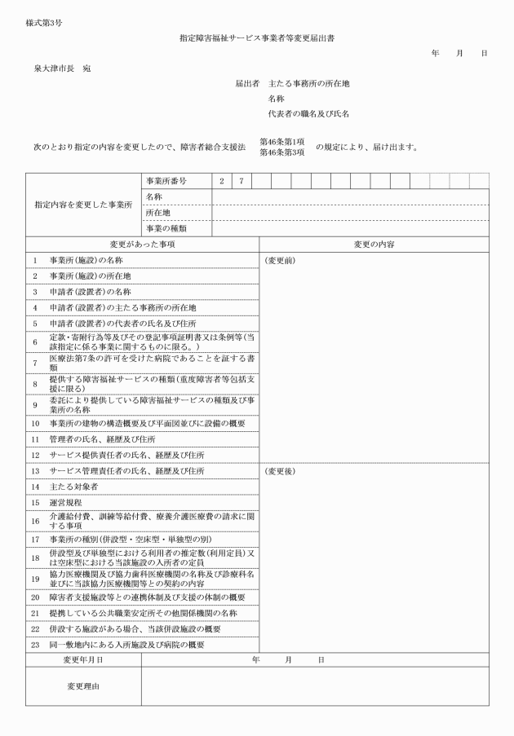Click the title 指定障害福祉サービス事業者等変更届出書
click(x=257, y=37)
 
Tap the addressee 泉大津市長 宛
click(x=62, y=68)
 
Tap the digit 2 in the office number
click(x=221, y=181)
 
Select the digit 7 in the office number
click(x=241, y=181)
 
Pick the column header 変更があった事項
click(x=143, y=244)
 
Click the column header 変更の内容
click(x=374, y=244)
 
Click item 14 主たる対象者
click(x=73, y=487)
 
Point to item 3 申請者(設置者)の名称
click(x=91, y=291)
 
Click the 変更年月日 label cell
click(x=83, y=659)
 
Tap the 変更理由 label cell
click(x=83, y=686)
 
